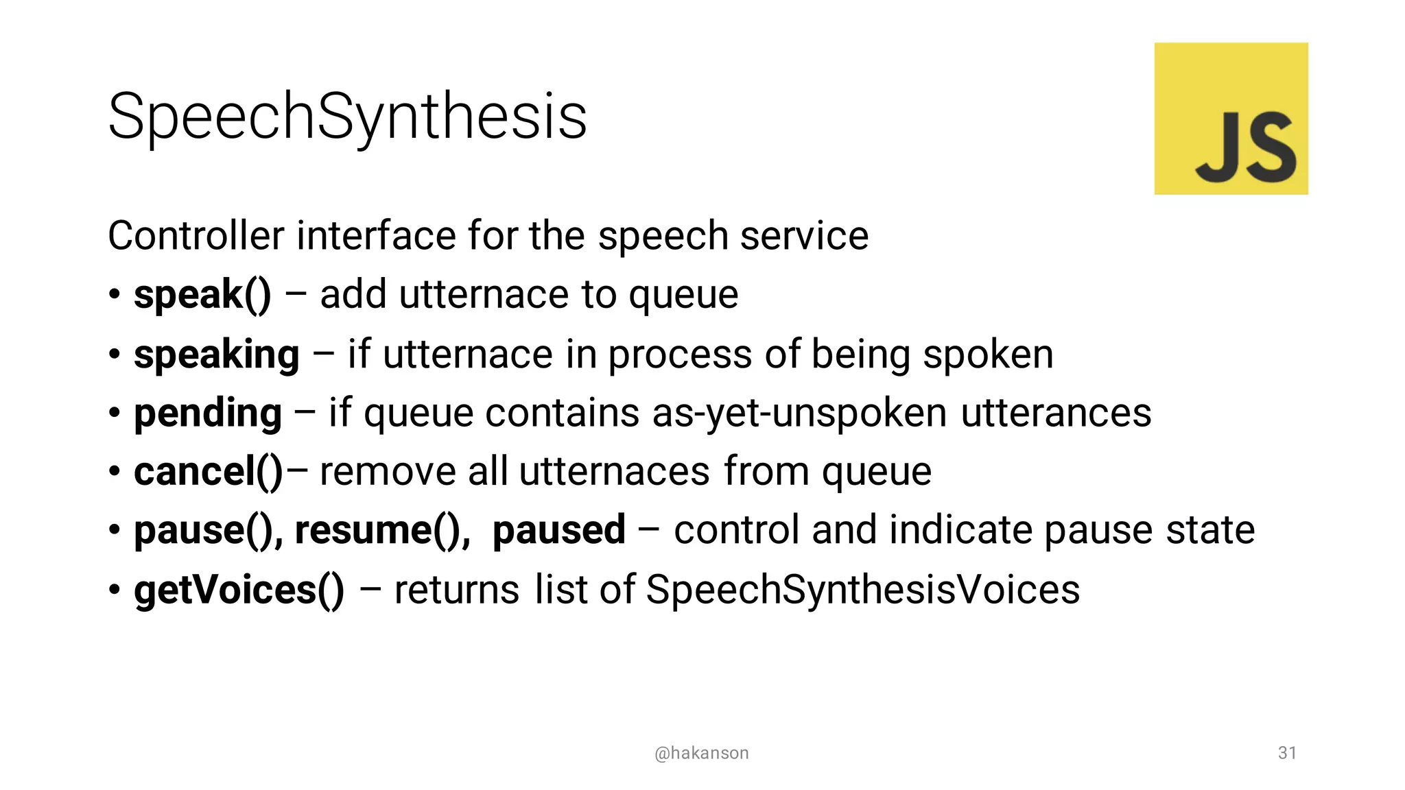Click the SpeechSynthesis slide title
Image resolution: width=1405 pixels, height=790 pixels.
click(x=347, y=117)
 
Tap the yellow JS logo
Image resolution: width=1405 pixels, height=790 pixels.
click(x=1231, y=119)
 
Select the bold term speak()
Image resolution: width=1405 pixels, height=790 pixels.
click(x=202, y=295)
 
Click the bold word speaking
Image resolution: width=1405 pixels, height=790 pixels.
click(x=217, y=355)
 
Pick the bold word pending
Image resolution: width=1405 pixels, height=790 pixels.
click(x=208, y=414)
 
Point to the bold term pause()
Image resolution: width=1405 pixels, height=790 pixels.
click(x=208, y=531)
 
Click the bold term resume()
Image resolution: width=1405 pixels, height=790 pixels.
click(x=381, y=531)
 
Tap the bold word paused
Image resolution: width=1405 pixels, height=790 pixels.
click(x=558, y=530)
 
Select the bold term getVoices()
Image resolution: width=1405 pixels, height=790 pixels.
click(x=239, y=590)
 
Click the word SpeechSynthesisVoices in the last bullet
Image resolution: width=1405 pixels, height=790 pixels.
click(x=862, y=590)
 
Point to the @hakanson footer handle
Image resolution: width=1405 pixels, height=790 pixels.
click(x=702, y=753)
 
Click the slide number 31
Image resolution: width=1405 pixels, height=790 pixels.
click(x=1287, y=753)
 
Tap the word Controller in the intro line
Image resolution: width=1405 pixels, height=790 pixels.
click(x=196, y=236)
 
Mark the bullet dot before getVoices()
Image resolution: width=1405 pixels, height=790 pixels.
click(x=115, y=590)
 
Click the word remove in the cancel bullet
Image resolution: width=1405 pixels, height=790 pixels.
click(x=388, y=472)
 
